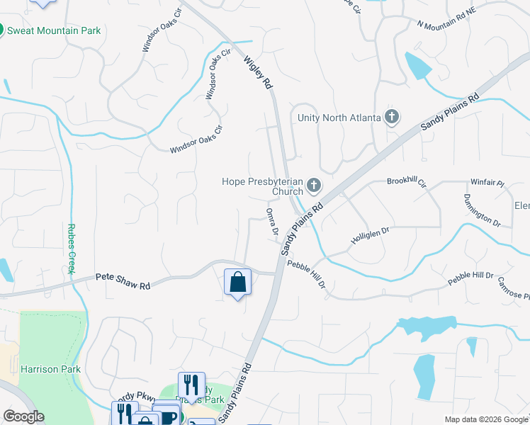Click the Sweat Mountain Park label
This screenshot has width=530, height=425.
click(x=55, y=31)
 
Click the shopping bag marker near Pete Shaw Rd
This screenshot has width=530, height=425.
click(x=237, y=282)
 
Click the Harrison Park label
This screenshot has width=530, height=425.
click(x=50, y=369)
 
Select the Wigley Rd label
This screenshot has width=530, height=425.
click(x=259, y=72)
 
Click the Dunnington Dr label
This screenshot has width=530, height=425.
click(x=482, y=210)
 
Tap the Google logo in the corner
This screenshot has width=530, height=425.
click(x=23, y=416)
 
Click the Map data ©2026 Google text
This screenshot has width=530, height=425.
click(x=485, y=419)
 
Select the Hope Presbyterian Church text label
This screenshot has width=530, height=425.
click(x=262, y=186)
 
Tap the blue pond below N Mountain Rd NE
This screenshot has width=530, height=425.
click(x=417, y=66)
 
